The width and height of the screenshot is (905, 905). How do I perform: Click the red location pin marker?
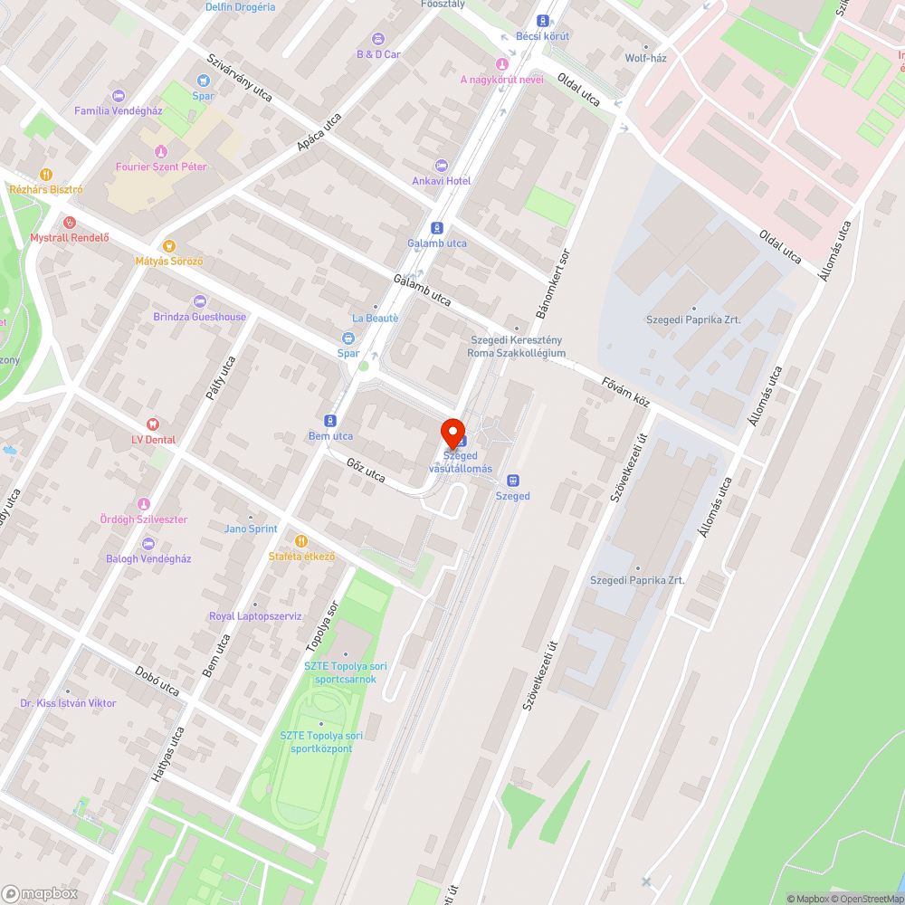[x=452, y=433]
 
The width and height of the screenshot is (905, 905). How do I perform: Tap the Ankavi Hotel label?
[x=442, y=181]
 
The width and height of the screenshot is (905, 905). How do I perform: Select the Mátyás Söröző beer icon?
[x=168, y=245]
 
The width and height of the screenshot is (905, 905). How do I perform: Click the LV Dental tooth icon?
[x=152, y=424]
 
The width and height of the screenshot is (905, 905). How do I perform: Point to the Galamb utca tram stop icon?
[x=437, y=228]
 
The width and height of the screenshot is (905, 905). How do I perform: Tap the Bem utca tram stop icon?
[x=330, y=421]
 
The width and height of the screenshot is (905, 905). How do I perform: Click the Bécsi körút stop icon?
[x=543, y=21]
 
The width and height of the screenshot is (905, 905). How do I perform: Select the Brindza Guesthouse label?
[x=199, y=317]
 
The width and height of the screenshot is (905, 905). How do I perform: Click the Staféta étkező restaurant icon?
[x=301, y=541]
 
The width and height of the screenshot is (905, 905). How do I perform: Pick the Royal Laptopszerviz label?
[x=254, y=616]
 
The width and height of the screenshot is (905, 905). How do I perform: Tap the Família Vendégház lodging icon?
[x=118, y=96]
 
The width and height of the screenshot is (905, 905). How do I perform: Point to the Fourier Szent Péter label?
[x=161, y=167]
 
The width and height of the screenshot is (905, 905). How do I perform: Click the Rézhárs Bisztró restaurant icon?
[x=46, y=175]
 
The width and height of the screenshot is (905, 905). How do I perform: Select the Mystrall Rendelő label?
[x=70, y=238]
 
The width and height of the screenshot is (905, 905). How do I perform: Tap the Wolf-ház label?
[x=645, y=58]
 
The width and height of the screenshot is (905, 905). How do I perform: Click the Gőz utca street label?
[x=366, y=469]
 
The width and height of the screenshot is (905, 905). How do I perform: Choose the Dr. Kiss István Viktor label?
[x=68, y=703]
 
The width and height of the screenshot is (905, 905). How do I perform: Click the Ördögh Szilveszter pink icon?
[x=143, y=504]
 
